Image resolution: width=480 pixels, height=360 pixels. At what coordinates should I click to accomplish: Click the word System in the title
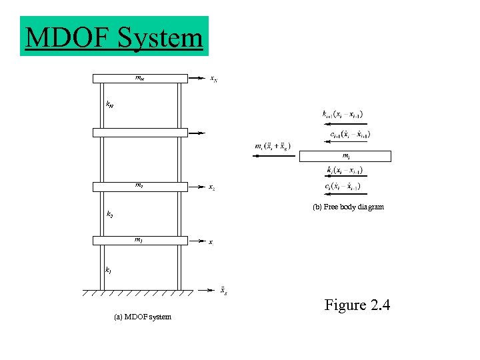click(159, 37)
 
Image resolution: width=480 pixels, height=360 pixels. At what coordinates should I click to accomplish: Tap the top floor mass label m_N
click(139, 79)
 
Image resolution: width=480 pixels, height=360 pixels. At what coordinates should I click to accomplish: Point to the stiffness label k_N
click(110, 104)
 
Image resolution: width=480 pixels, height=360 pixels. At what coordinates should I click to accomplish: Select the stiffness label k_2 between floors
click(109, 215)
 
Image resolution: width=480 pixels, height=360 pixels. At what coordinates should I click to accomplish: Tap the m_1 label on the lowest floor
click(139, 239)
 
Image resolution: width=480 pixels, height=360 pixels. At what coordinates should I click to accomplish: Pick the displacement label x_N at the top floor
click(213, 79)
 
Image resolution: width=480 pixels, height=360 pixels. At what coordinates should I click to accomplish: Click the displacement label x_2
click(211, 187)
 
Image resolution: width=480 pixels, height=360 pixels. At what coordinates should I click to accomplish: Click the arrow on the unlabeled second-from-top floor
click(197, 133)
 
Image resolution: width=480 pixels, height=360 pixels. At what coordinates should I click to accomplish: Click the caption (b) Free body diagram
click(349, 207)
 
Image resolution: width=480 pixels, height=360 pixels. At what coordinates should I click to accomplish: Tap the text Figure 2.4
click(357, 306)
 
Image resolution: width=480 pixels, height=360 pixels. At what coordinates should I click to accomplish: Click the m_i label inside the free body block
click(345, 156)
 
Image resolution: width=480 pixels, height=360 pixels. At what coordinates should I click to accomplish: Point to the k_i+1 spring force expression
click(343, 115)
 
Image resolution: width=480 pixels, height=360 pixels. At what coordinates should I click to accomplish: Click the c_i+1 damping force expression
click(350, 135)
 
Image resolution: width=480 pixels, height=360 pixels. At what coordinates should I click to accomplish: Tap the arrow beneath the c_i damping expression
click(343, 194)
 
